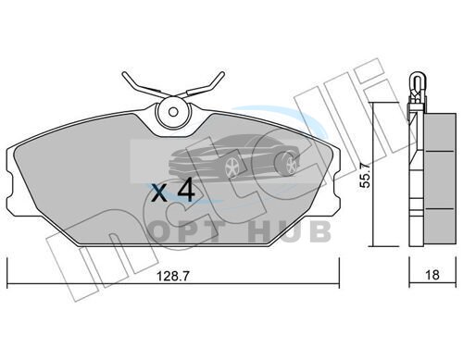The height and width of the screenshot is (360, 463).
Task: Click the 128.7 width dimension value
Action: coord(173,276)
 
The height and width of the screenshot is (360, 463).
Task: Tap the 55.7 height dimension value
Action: coord(366,175)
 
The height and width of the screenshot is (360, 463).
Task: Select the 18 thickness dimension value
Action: coord(432,275)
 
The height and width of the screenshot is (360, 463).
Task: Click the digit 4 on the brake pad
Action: coord(185,191)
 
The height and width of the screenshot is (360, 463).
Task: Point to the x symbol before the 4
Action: coord(160,193)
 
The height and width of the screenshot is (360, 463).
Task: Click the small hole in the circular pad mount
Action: coord(174,112)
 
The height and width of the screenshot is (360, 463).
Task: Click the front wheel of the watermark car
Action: coord(232,168)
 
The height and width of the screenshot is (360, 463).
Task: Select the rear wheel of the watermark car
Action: coord(290,164)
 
